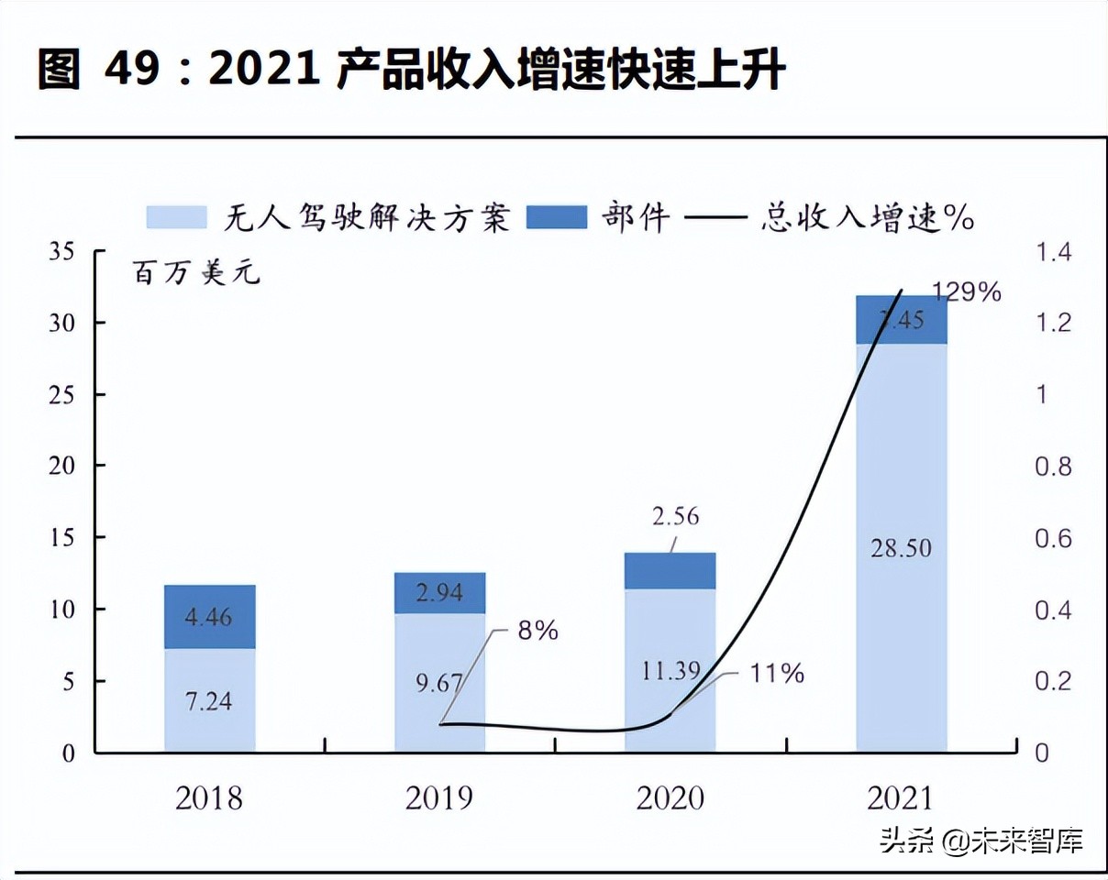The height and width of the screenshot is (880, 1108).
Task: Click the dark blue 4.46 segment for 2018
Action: [x=210, y=616]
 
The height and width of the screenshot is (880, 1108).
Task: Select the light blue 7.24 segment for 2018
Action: [x=210, y=700]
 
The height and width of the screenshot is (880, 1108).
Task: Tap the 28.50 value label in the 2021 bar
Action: [x=900, y=548]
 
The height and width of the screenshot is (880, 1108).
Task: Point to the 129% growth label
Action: [x=967, y=292]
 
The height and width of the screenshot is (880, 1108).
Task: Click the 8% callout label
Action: [x=537, y=631]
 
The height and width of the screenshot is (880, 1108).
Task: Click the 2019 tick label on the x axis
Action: [x=439, y=797]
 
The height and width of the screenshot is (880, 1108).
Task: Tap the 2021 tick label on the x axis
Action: [x=900, y=797]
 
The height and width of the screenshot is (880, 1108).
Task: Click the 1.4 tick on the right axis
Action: [x=1052, y=251]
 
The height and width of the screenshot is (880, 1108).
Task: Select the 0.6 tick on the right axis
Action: [x=1052, y=538]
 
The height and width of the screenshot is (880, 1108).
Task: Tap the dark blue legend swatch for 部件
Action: [x=556, y=217]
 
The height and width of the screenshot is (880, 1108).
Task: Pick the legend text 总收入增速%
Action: [x=867, y=218]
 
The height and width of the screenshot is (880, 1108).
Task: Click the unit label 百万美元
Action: [x=196, y=273]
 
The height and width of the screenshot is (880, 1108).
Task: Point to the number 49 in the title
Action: [x=133, y=70]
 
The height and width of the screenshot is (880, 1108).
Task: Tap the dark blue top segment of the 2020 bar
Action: [x=670, y=570]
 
